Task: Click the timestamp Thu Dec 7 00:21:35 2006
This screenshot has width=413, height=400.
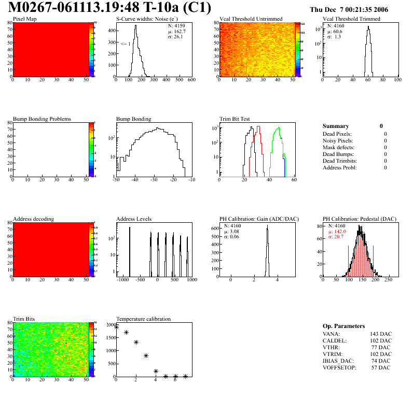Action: pos(349,10)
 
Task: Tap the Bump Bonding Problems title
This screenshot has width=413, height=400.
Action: pos(42,119)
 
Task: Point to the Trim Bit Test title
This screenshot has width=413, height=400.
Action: pos(235,119)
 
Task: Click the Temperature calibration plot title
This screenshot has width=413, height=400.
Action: pos(143,319)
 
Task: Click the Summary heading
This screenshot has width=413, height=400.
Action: pos(336,126)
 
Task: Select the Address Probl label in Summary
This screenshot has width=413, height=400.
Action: pos(339,168)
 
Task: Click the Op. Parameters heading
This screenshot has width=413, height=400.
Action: pos(343,326)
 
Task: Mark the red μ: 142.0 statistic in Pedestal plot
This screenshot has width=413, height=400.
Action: pos(339,232)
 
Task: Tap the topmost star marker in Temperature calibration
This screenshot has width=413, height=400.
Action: pos(117,327)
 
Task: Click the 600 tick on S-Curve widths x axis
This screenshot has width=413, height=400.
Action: pos(191,80)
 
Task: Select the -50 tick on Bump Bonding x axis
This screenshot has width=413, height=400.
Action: pos(116,180)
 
